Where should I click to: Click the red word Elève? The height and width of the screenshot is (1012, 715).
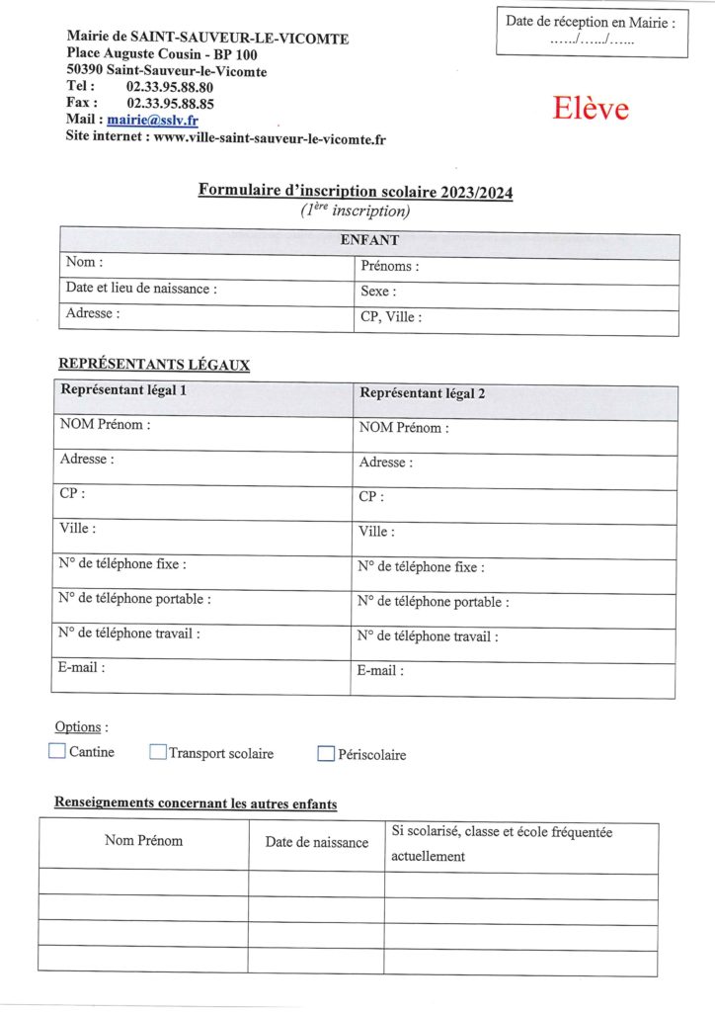(x=591, y=109)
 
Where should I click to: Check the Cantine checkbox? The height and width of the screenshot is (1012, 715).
(x=57, y=751)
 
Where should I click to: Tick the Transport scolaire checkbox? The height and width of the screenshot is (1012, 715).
(x=158, y=752)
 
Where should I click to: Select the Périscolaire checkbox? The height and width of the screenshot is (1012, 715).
(x=326, y=754)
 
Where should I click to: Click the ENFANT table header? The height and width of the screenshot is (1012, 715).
(x=369, y=240)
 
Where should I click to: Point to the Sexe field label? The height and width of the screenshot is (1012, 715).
(x=378, y=292)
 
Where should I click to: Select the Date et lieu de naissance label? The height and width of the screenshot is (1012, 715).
(x=141, y=289)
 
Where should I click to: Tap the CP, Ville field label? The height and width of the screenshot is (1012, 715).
(x=391, y=317)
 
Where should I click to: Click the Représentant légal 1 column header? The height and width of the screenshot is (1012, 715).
(x=124, y=389)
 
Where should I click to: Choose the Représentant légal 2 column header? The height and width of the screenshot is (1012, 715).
(x=423, y=392)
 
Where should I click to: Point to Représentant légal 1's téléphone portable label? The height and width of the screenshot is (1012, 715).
(x=134, y=598)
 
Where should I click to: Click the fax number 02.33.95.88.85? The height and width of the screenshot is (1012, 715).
(x=171, y=103)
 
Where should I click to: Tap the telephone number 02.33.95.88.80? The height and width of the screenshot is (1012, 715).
(x=171, y=87)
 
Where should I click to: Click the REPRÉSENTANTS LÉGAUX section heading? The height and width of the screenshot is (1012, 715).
(x=154, y=365)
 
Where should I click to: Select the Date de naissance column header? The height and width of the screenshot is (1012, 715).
(x=316, y=842)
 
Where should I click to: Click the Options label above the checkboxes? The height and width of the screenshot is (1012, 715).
(x=78, y=727)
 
